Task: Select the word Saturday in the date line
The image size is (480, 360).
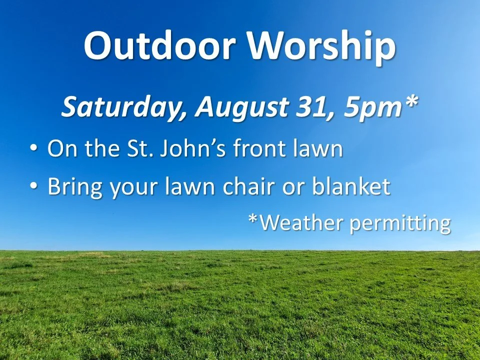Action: (x=124, y=106)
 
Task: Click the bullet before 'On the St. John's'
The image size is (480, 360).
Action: (x=33, y=149)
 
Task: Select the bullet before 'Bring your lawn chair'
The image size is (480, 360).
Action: (x=33, y=186)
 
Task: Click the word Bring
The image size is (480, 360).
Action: (x=74, y=187)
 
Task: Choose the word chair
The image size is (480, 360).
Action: (x=275, y=186)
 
